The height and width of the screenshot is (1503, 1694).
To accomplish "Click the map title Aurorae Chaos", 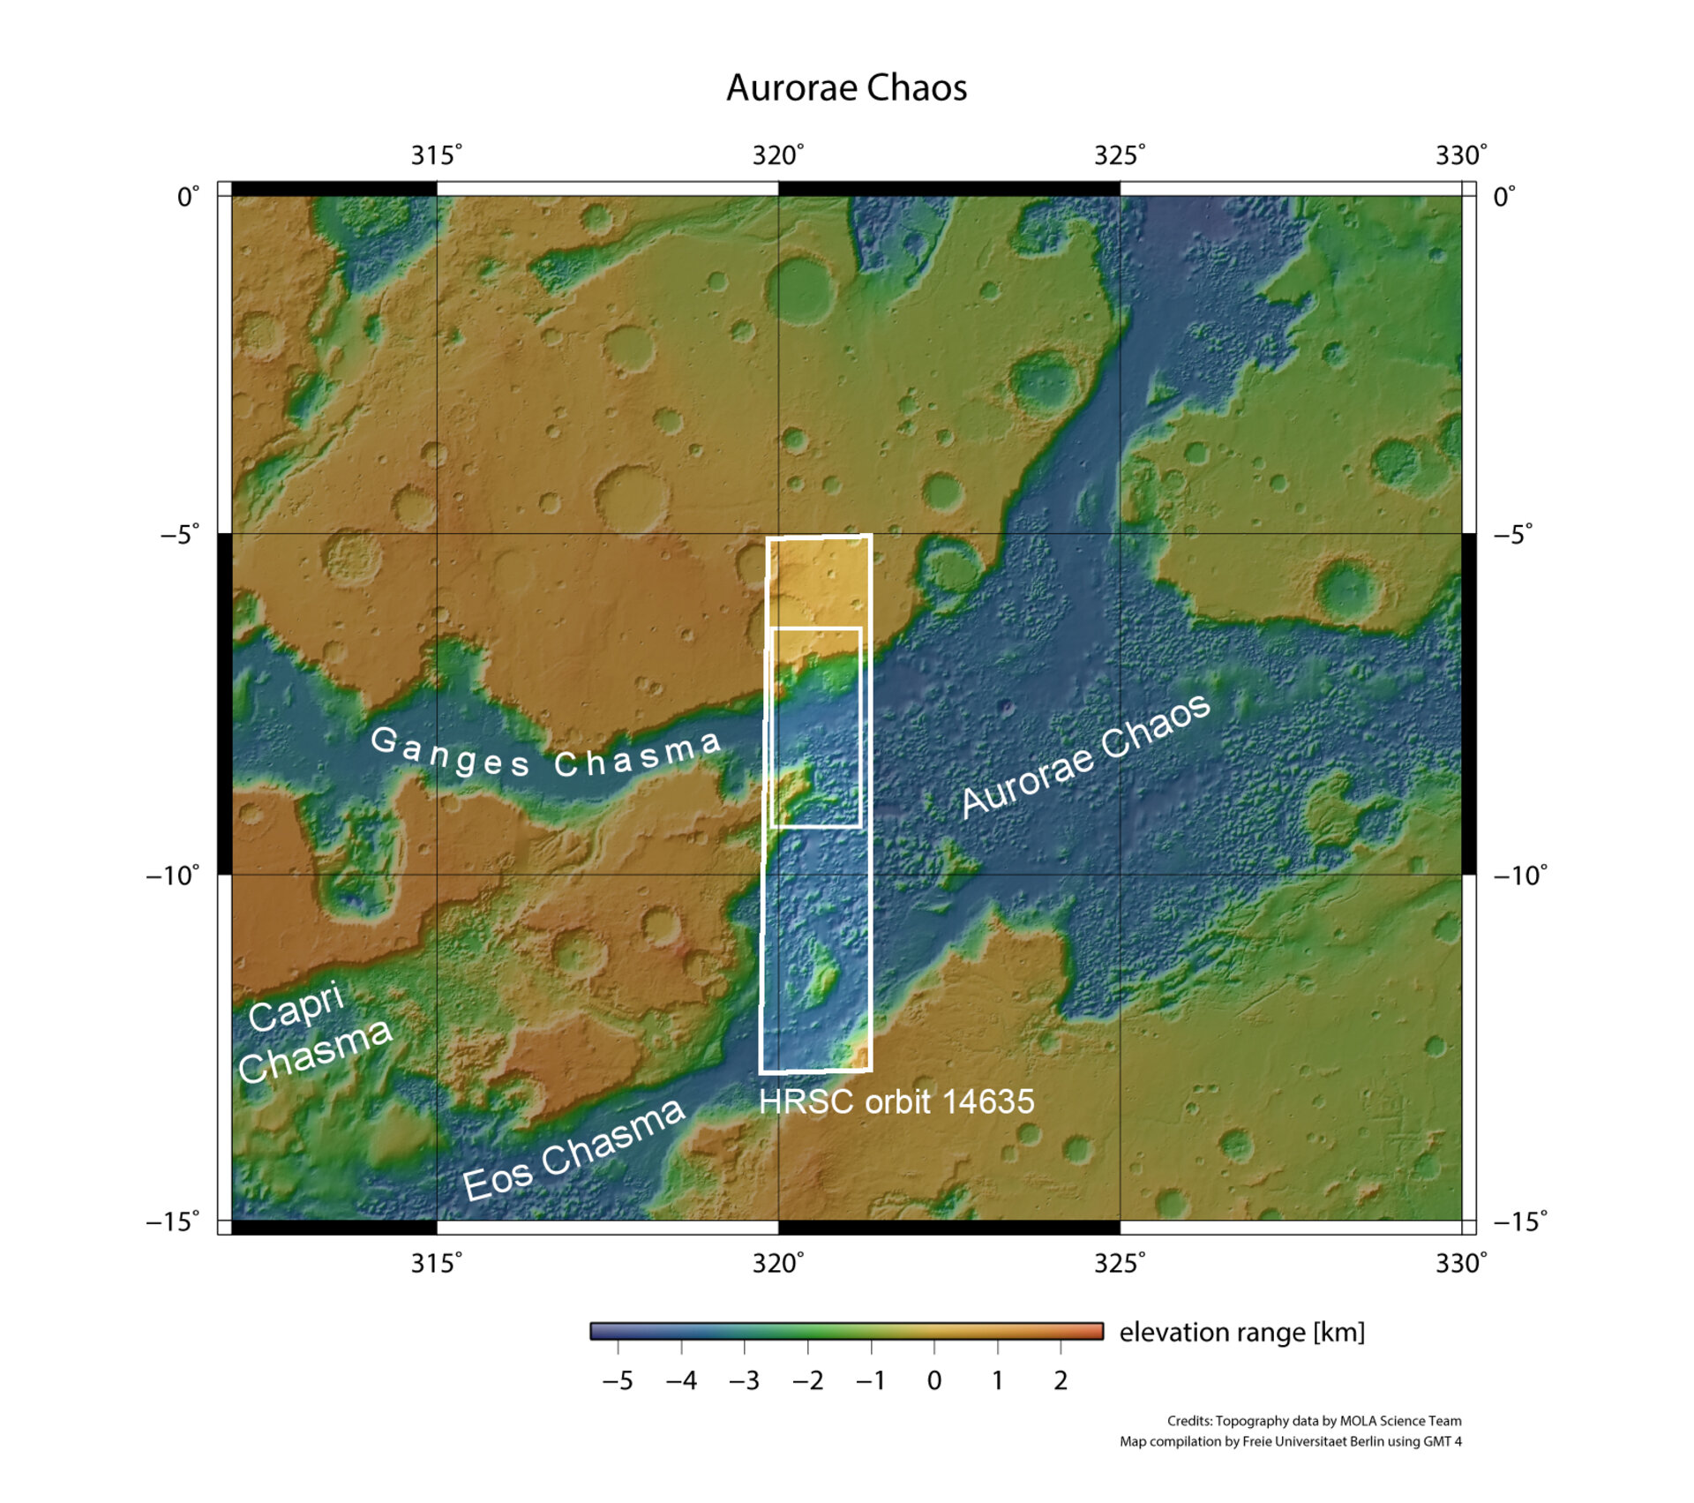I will tap(846, 87).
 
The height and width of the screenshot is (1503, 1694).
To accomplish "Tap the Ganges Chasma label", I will tap(545, 755).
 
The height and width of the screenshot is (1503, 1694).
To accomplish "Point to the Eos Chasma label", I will tap(573, 1150).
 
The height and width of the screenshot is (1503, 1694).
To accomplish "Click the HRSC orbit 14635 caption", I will tap(896, 1101).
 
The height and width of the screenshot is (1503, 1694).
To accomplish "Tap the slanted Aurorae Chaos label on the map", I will tap(1086, 755).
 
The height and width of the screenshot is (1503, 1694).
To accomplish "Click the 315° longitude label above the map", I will tap(436, 155).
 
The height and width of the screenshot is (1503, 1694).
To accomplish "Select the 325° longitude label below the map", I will tap(1120, 1263).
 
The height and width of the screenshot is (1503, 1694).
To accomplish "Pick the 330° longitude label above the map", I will tap(1461, 155).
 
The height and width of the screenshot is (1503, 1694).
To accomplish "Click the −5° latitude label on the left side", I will tap(180, 535).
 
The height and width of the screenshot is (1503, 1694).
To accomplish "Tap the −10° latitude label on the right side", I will tap(1520, 875).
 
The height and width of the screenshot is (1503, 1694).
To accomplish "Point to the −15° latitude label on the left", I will tap(173, 1221).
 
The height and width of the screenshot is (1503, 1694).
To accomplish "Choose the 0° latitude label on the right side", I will tap(1504, 196).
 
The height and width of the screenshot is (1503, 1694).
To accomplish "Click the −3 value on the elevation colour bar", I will tap(744, 1380).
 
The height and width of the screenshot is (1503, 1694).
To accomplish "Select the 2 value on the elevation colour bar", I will tap(1061, 1380).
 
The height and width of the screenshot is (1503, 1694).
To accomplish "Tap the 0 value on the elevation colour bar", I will tap(934, 1380).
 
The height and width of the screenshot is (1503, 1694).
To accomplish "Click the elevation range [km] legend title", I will tap(1242, 1332).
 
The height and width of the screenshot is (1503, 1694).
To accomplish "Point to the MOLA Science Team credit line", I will tap(1314, 1421).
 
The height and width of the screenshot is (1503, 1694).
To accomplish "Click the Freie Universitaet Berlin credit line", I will tap(1290, 1441).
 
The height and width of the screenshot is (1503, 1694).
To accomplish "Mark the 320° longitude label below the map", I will tap(778, 1263).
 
